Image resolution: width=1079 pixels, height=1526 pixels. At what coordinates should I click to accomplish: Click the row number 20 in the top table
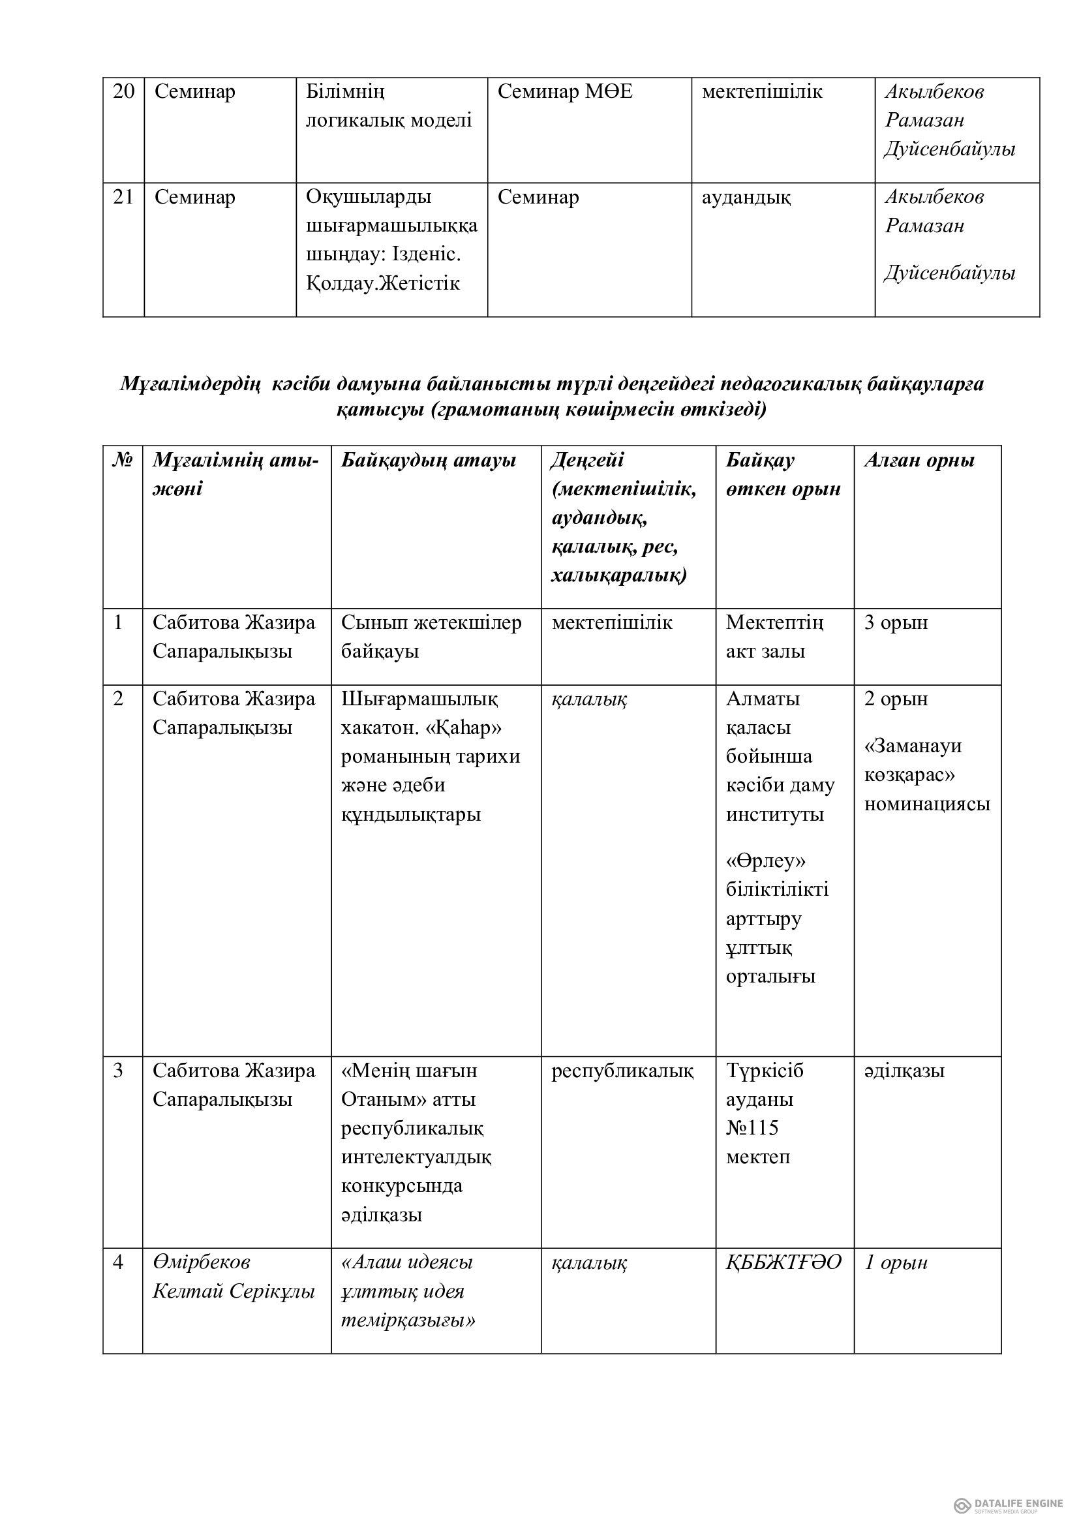(x=123, y=92)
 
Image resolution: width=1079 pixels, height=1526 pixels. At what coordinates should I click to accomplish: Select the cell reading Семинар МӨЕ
(x=565, y=92)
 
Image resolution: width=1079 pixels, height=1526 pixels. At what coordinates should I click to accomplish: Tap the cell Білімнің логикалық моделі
(x=389, y=106)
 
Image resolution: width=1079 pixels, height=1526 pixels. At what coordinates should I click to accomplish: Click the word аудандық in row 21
(x=746, y=198)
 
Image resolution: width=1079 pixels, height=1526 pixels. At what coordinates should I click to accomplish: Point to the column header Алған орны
(x=919, y=461)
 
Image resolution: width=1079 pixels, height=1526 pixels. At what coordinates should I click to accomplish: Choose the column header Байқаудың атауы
(x=429, y=461)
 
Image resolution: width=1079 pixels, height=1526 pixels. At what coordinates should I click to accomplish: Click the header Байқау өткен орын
(x=783, y=474)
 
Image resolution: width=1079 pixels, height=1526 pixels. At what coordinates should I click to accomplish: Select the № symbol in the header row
(x=122, y=460)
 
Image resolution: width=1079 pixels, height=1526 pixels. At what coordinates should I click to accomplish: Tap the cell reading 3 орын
(x=896, y=623)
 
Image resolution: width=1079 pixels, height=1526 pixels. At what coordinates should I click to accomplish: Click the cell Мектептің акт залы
(x=774, y=637)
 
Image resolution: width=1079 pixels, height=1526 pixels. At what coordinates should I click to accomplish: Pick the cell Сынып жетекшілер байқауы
(x=431, y=637)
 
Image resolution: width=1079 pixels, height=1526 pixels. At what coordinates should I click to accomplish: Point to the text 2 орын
(x=896, y=699)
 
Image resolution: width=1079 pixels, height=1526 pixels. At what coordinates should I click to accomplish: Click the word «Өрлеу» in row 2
(x=766, y=861)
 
